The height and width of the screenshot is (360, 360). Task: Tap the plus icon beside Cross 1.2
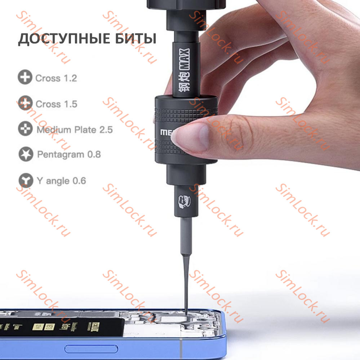25,78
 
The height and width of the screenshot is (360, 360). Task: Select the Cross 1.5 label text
56,104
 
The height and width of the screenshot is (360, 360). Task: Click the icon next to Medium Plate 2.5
25,129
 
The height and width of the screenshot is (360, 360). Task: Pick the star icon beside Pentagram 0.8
26,155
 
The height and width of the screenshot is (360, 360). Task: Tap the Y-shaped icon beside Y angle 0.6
25,180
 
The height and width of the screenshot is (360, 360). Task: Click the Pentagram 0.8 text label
69,155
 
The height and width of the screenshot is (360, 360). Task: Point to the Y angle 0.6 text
61,180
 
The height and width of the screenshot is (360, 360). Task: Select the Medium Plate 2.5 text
75,130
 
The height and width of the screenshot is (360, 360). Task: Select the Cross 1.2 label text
56,78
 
